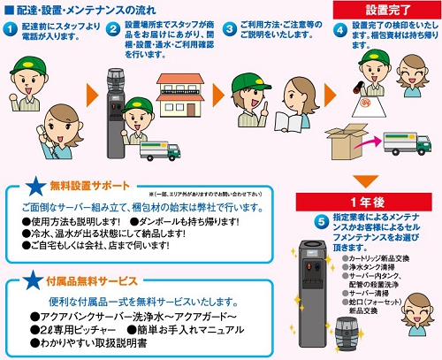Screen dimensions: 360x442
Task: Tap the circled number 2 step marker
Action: coord(114,29)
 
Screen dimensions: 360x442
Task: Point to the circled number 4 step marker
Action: coord(340,29)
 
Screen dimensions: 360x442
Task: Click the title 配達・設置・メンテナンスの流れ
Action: coord(85,9)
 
